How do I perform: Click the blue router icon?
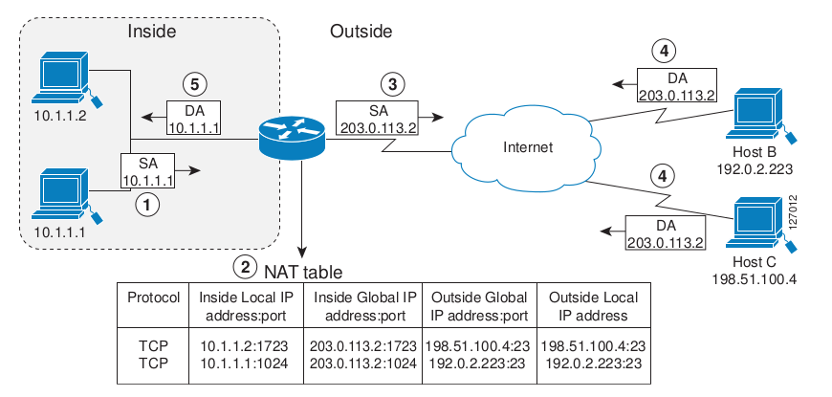point(292,138)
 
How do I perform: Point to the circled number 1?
point(144,202)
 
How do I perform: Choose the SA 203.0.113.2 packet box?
point(374,118)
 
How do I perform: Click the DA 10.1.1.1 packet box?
point(195,117)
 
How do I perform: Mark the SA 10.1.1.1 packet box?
point(149,171)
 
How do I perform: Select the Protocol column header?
point(153,297)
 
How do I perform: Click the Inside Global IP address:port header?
point(361,305)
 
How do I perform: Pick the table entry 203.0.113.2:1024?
point(361,364)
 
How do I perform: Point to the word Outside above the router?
point(361,32)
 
